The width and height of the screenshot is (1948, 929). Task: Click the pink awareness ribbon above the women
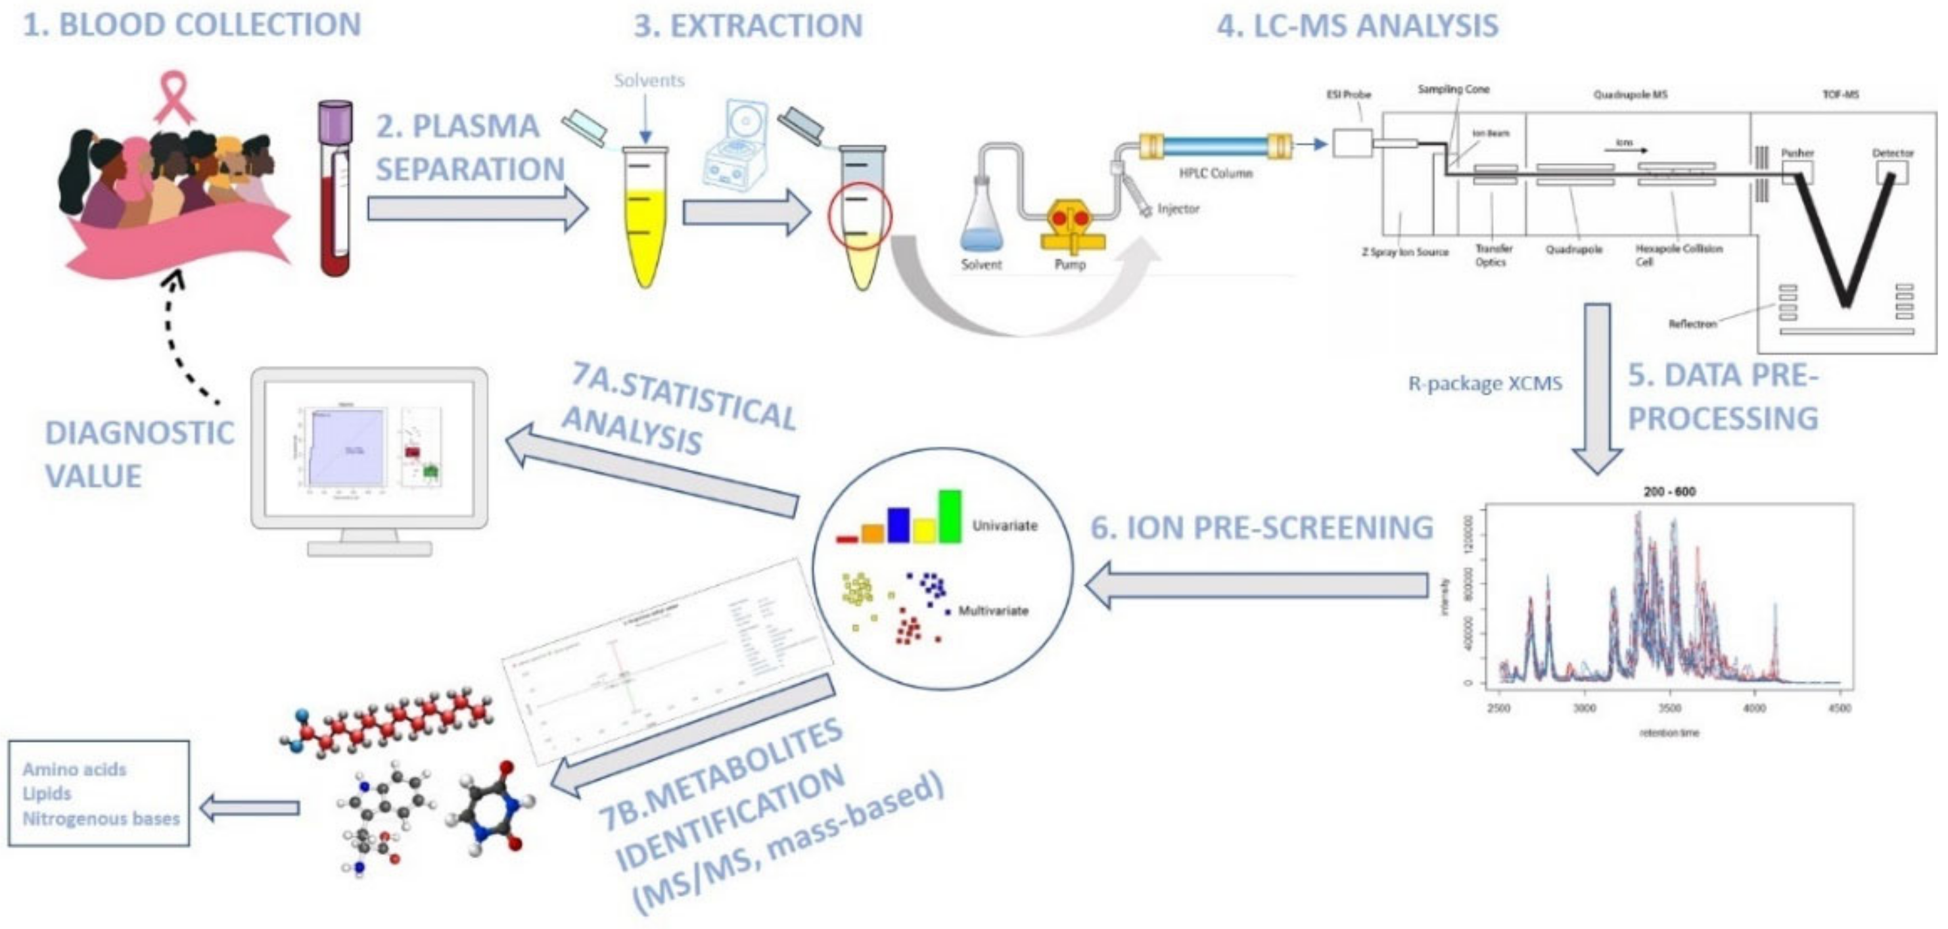coord(175,97)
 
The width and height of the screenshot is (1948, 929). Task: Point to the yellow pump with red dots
coord(1070,223)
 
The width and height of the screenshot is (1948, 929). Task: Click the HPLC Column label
coord(1215,173)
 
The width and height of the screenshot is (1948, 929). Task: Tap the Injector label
coord(1178,209)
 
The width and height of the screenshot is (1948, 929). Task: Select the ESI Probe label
coord(1349,95)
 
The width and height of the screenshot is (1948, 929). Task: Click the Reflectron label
coord(1692,323)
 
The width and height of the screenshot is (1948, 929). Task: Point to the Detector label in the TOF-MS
coord(1893,153)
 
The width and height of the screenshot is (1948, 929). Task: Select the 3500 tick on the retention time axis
coord(1670,708)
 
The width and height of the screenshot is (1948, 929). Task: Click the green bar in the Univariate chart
coord(950,516)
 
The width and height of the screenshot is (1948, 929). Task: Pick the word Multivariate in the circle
coord(993,611)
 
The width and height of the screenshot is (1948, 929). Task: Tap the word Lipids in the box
coord(47,794)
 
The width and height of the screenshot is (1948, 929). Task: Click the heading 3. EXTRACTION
coord(748,26)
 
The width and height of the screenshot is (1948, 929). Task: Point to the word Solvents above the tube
coord(649,80)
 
